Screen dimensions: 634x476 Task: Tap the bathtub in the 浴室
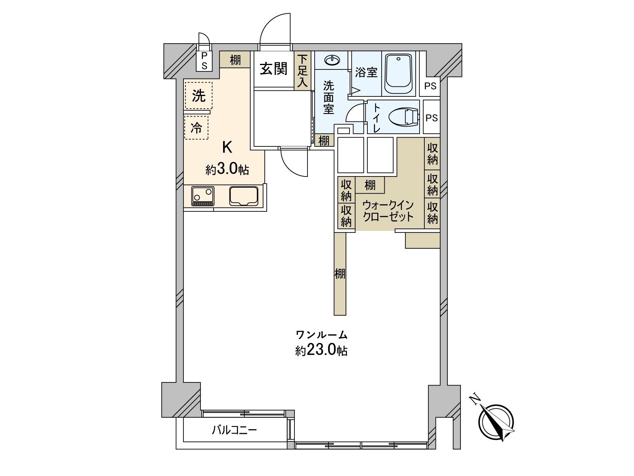tap(399, 74)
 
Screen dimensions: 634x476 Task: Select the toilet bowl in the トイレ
tap(403, 117)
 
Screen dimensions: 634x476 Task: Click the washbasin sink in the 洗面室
tap(332, 60)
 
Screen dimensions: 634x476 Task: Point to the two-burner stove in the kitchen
tap(202, 196)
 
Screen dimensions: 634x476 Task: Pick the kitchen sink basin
tap(244, 196)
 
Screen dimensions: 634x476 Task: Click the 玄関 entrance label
tap(273, 69)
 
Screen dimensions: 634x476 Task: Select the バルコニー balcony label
tap(234, 430)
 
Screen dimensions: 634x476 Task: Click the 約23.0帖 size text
tap(321, 351)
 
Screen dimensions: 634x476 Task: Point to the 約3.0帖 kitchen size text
tap(227, 169)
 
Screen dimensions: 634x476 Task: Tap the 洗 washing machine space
tap(199, 95)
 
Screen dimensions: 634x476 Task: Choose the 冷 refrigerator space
tap(197, 128)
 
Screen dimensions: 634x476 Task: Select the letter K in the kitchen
tap(227, 148)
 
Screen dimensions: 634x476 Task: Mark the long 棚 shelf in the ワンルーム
tap(340, 274)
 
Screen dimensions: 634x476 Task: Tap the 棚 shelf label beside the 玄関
tap(235, 60)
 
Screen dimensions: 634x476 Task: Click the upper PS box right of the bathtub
tap(430, 86)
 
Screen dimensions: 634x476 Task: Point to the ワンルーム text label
tap(321, 335)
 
